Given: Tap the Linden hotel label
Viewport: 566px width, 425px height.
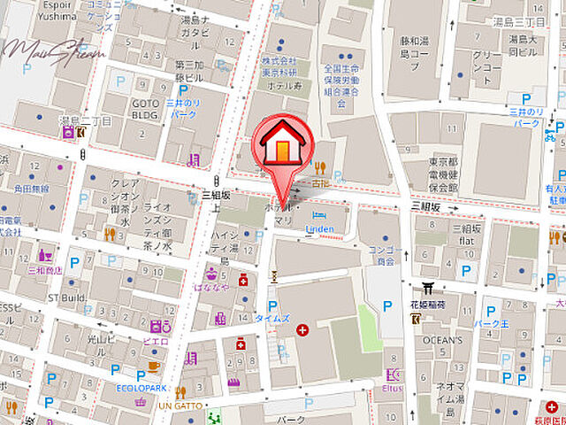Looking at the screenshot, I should [318, 229].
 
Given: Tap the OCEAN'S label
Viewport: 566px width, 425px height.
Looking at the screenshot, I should [443, 340].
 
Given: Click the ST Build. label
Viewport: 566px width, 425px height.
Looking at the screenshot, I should [67, 297].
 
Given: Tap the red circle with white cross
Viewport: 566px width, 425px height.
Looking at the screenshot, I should [302, 330].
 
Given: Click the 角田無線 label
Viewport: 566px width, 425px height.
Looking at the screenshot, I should [33, 189].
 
